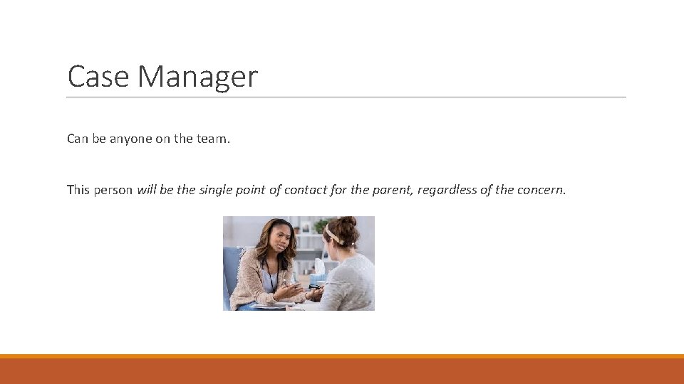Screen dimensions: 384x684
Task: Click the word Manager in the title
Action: [x=198, y=77]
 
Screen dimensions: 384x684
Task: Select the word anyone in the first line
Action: [x=132, y=139]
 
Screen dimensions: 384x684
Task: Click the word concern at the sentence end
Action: [x=540, y=191]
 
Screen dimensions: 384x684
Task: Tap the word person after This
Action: [x=113, y=191]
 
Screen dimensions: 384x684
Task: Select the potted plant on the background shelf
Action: [x=321, y=226]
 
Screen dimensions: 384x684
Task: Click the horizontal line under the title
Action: [x=346, y=97]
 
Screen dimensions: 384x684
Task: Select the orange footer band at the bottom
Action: [x=342, y=370]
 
